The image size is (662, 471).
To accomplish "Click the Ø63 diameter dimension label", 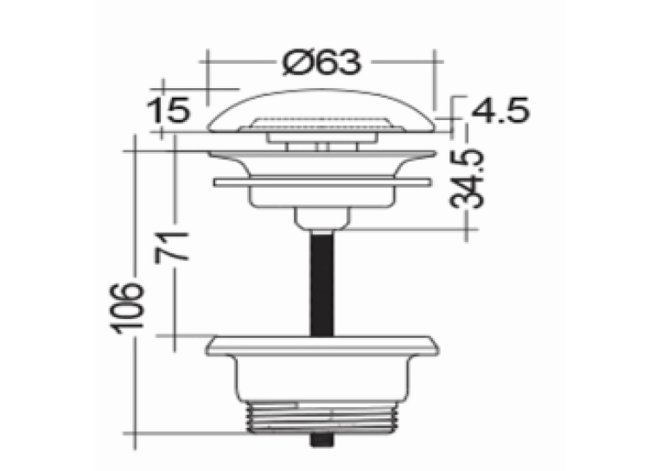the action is click(x=321, y=62).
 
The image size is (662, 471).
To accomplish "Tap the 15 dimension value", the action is click(x=168, y=111).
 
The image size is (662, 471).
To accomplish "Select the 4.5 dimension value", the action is click(x=500, y=111).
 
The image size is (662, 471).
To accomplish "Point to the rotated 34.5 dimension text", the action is click(x=467, y=178).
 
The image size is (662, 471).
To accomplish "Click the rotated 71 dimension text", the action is click(x=172, y=247).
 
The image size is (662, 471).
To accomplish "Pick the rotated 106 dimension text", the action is click(x=128, y=308).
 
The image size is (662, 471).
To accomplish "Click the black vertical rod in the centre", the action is click(x=322, y=283).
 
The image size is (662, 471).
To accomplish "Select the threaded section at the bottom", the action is click(x=322, y=417).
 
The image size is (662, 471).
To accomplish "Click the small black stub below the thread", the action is click(x=322, y=440).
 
